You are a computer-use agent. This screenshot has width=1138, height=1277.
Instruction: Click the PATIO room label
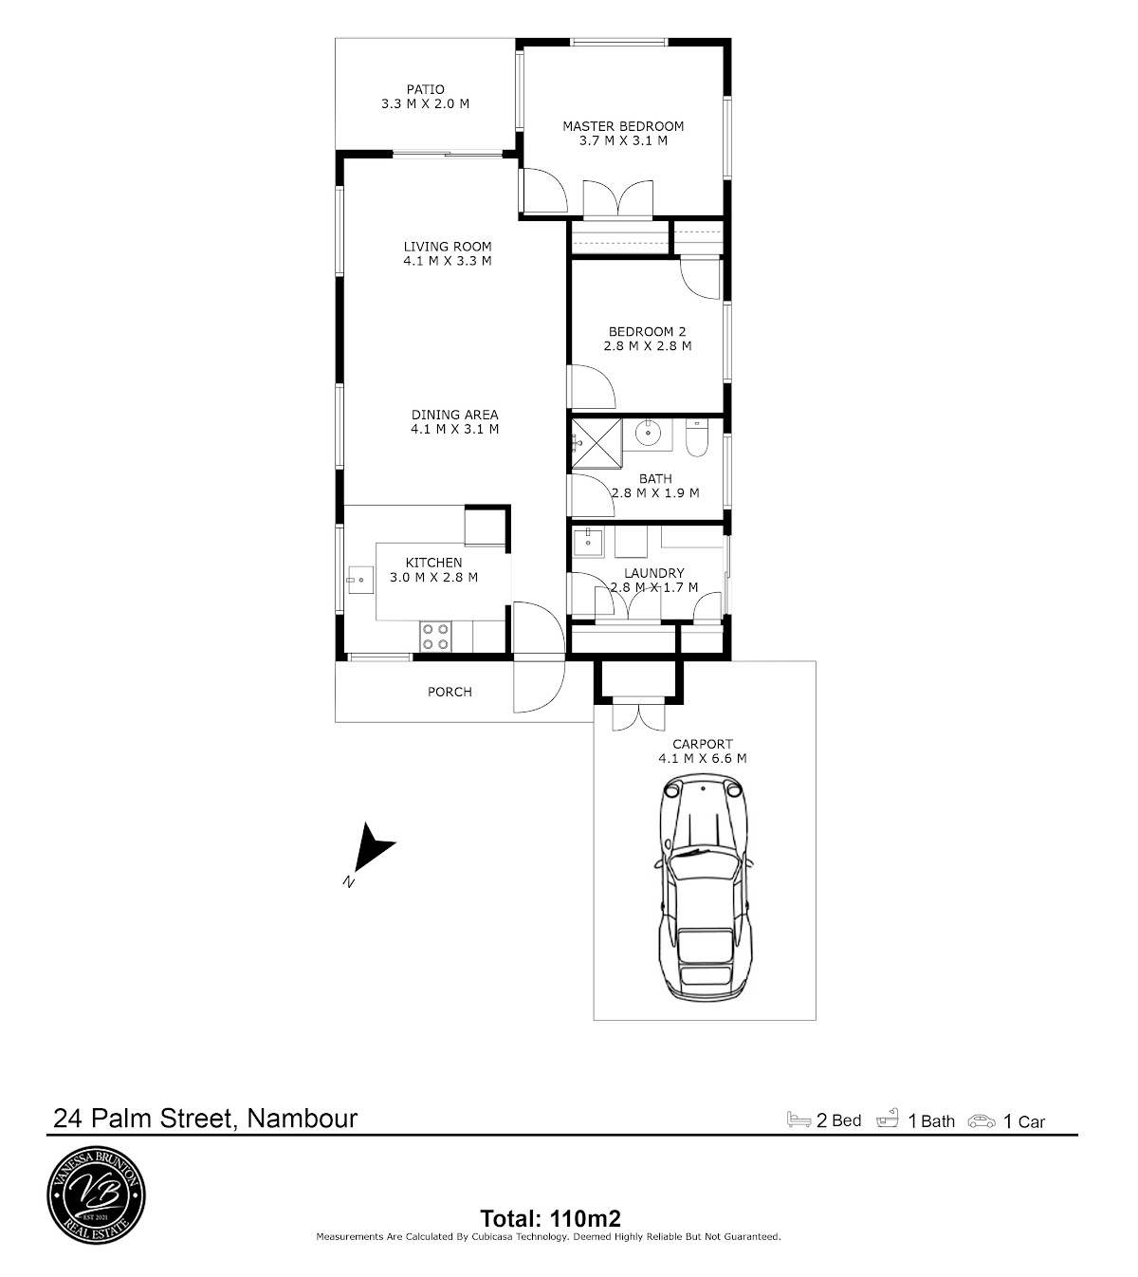click(426, 89)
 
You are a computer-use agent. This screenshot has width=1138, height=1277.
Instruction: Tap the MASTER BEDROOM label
click(623, 126)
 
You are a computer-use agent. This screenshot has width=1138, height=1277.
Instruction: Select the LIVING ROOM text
click(448, 247)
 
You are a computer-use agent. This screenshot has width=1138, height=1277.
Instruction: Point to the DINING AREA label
click(455, 415)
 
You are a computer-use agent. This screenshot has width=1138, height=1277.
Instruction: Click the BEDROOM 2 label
click(647, 331)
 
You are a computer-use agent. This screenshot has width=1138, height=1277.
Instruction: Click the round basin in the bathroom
click(647, 433)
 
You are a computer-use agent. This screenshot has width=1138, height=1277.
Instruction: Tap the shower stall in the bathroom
click(597, 443)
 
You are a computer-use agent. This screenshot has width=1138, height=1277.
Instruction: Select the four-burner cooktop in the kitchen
click(435, 636)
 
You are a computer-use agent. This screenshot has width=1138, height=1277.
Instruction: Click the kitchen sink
click(360, 579)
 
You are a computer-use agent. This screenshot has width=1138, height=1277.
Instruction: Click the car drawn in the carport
click(706, 887)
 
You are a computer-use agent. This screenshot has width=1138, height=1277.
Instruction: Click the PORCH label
click(450, 692)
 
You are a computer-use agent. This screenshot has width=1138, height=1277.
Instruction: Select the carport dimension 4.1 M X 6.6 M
click(703, 758)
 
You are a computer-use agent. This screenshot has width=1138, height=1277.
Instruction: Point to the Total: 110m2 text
click(550, 1218)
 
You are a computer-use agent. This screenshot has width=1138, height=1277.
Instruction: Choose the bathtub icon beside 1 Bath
click(888, 1119)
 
